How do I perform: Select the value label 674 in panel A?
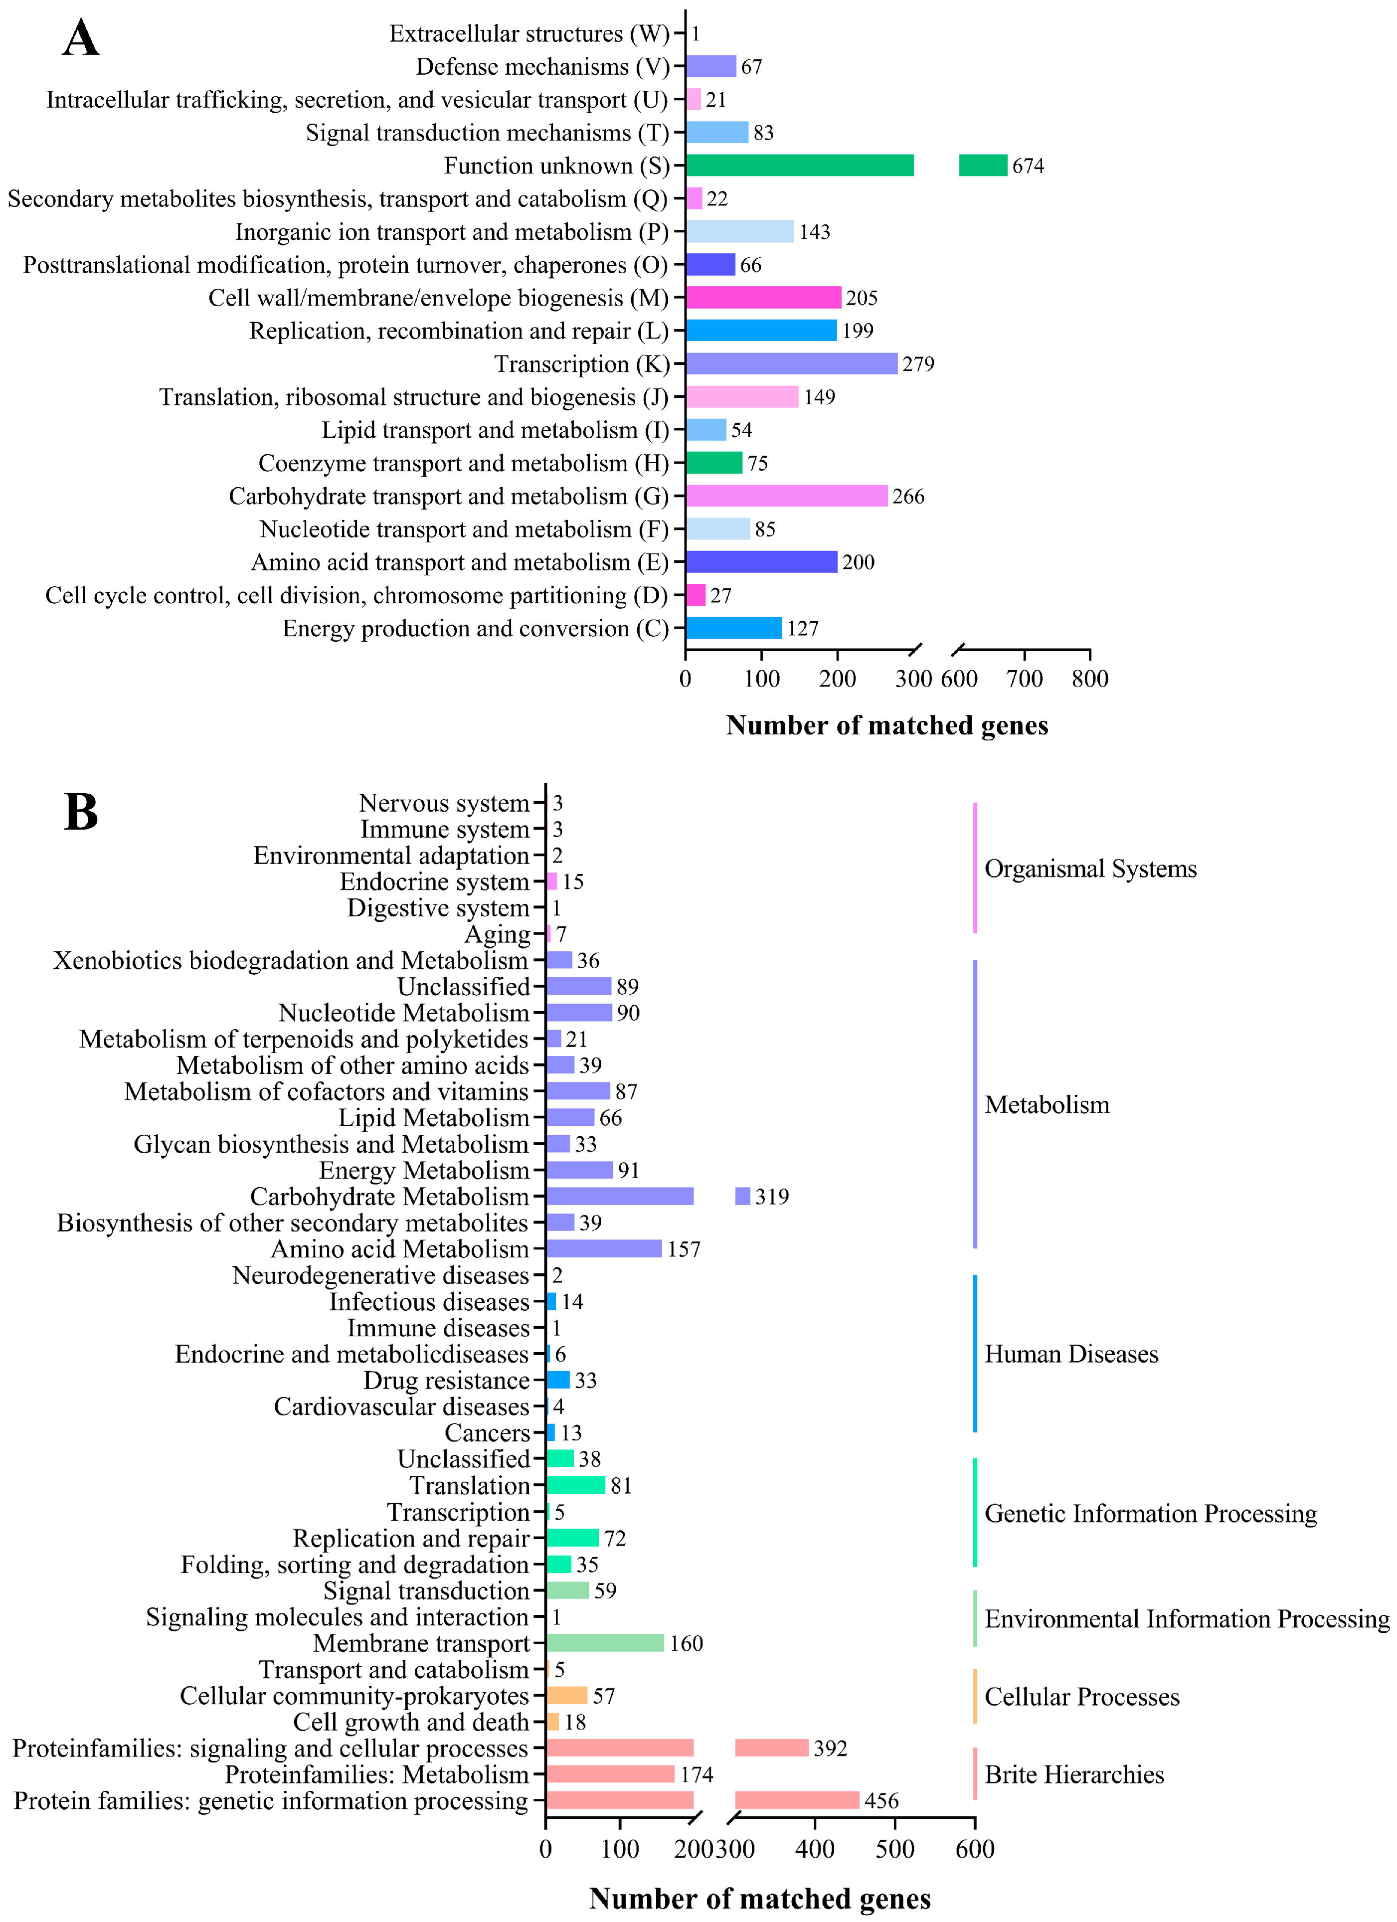1028,166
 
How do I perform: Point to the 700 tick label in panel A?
1024,679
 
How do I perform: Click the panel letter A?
81,39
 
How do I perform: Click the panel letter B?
81,811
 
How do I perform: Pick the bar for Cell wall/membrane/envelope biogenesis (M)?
763,298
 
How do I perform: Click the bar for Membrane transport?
604,1643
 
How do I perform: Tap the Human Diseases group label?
1070,1354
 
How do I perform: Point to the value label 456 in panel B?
881,1801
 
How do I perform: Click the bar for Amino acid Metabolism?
604,1248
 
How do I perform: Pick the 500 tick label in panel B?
895,1849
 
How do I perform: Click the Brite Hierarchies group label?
1074,1774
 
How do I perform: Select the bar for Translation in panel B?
575,1486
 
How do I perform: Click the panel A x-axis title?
886,725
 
